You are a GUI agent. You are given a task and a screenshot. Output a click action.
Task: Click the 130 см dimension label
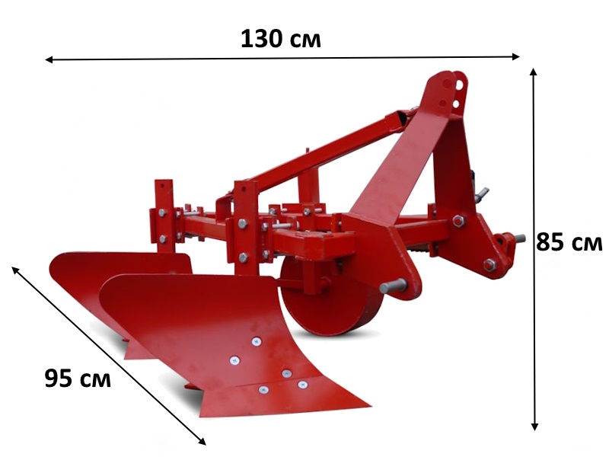281,39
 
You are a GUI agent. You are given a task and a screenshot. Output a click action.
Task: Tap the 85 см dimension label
569,241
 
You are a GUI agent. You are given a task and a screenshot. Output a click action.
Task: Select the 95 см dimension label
78,378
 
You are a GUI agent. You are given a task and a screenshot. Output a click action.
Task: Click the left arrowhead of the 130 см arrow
49,59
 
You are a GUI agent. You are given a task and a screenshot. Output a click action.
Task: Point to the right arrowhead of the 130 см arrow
516,56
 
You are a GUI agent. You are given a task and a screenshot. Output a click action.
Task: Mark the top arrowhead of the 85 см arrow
534,72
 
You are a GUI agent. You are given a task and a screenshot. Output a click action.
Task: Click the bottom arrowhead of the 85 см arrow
534,427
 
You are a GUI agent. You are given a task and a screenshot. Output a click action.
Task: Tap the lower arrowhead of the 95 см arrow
202,441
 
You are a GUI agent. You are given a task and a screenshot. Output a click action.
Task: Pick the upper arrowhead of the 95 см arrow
15,270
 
